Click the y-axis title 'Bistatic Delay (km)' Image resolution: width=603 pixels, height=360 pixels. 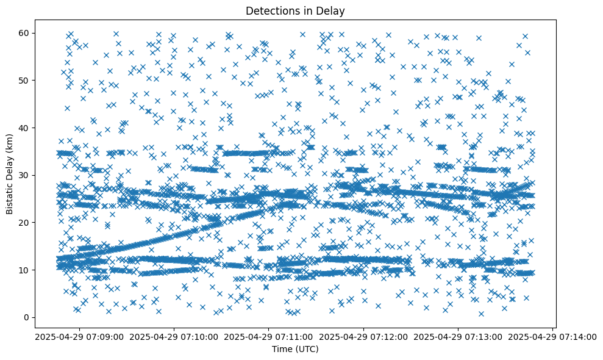tap(10, 174)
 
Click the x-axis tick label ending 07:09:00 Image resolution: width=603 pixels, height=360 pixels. tap(79, 336)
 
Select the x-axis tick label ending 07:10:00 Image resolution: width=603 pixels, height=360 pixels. tap(174, 336)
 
